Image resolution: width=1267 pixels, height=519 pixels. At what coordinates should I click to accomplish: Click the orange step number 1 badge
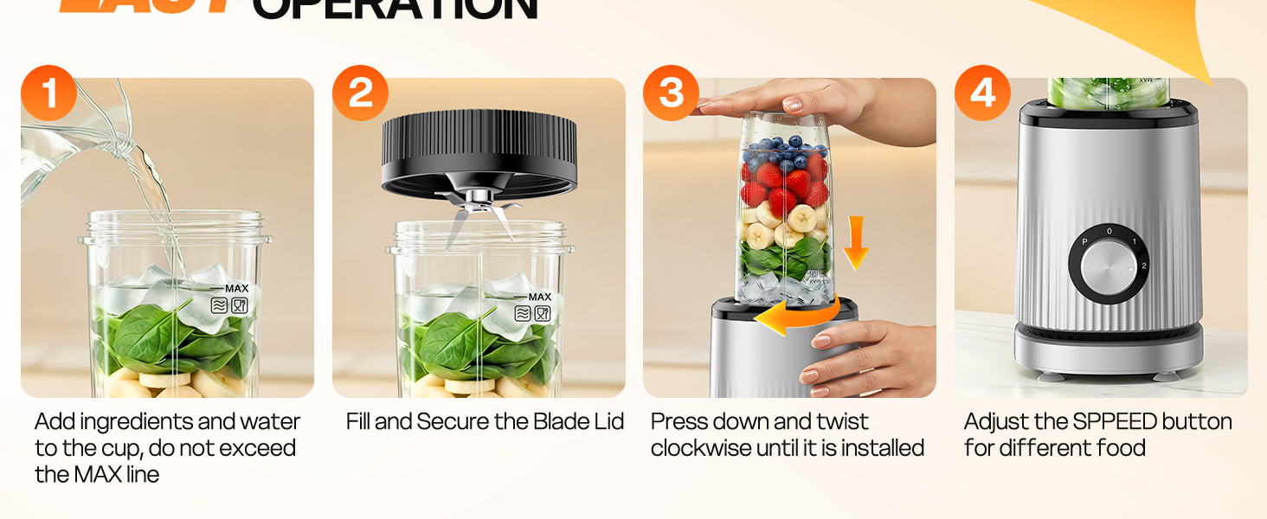48,93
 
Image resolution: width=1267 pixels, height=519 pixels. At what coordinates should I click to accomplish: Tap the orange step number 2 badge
360,93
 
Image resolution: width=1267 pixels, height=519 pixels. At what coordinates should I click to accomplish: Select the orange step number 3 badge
672,93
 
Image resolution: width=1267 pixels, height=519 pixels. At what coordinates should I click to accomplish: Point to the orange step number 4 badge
982,93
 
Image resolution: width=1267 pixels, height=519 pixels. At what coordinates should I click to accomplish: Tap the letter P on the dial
1084,242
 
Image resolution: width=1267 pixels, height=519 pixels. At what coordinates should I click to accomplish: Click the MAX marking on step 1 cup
236,288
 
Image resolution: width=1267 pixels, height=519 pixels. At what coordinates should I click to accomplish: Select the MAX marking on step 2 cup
539,297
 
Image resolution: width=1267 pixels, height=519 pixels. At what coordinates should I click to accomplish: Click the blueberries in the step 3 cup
783,151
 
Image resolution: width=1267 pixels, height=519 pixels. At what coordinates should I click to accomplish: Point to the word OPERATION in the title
395,10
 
